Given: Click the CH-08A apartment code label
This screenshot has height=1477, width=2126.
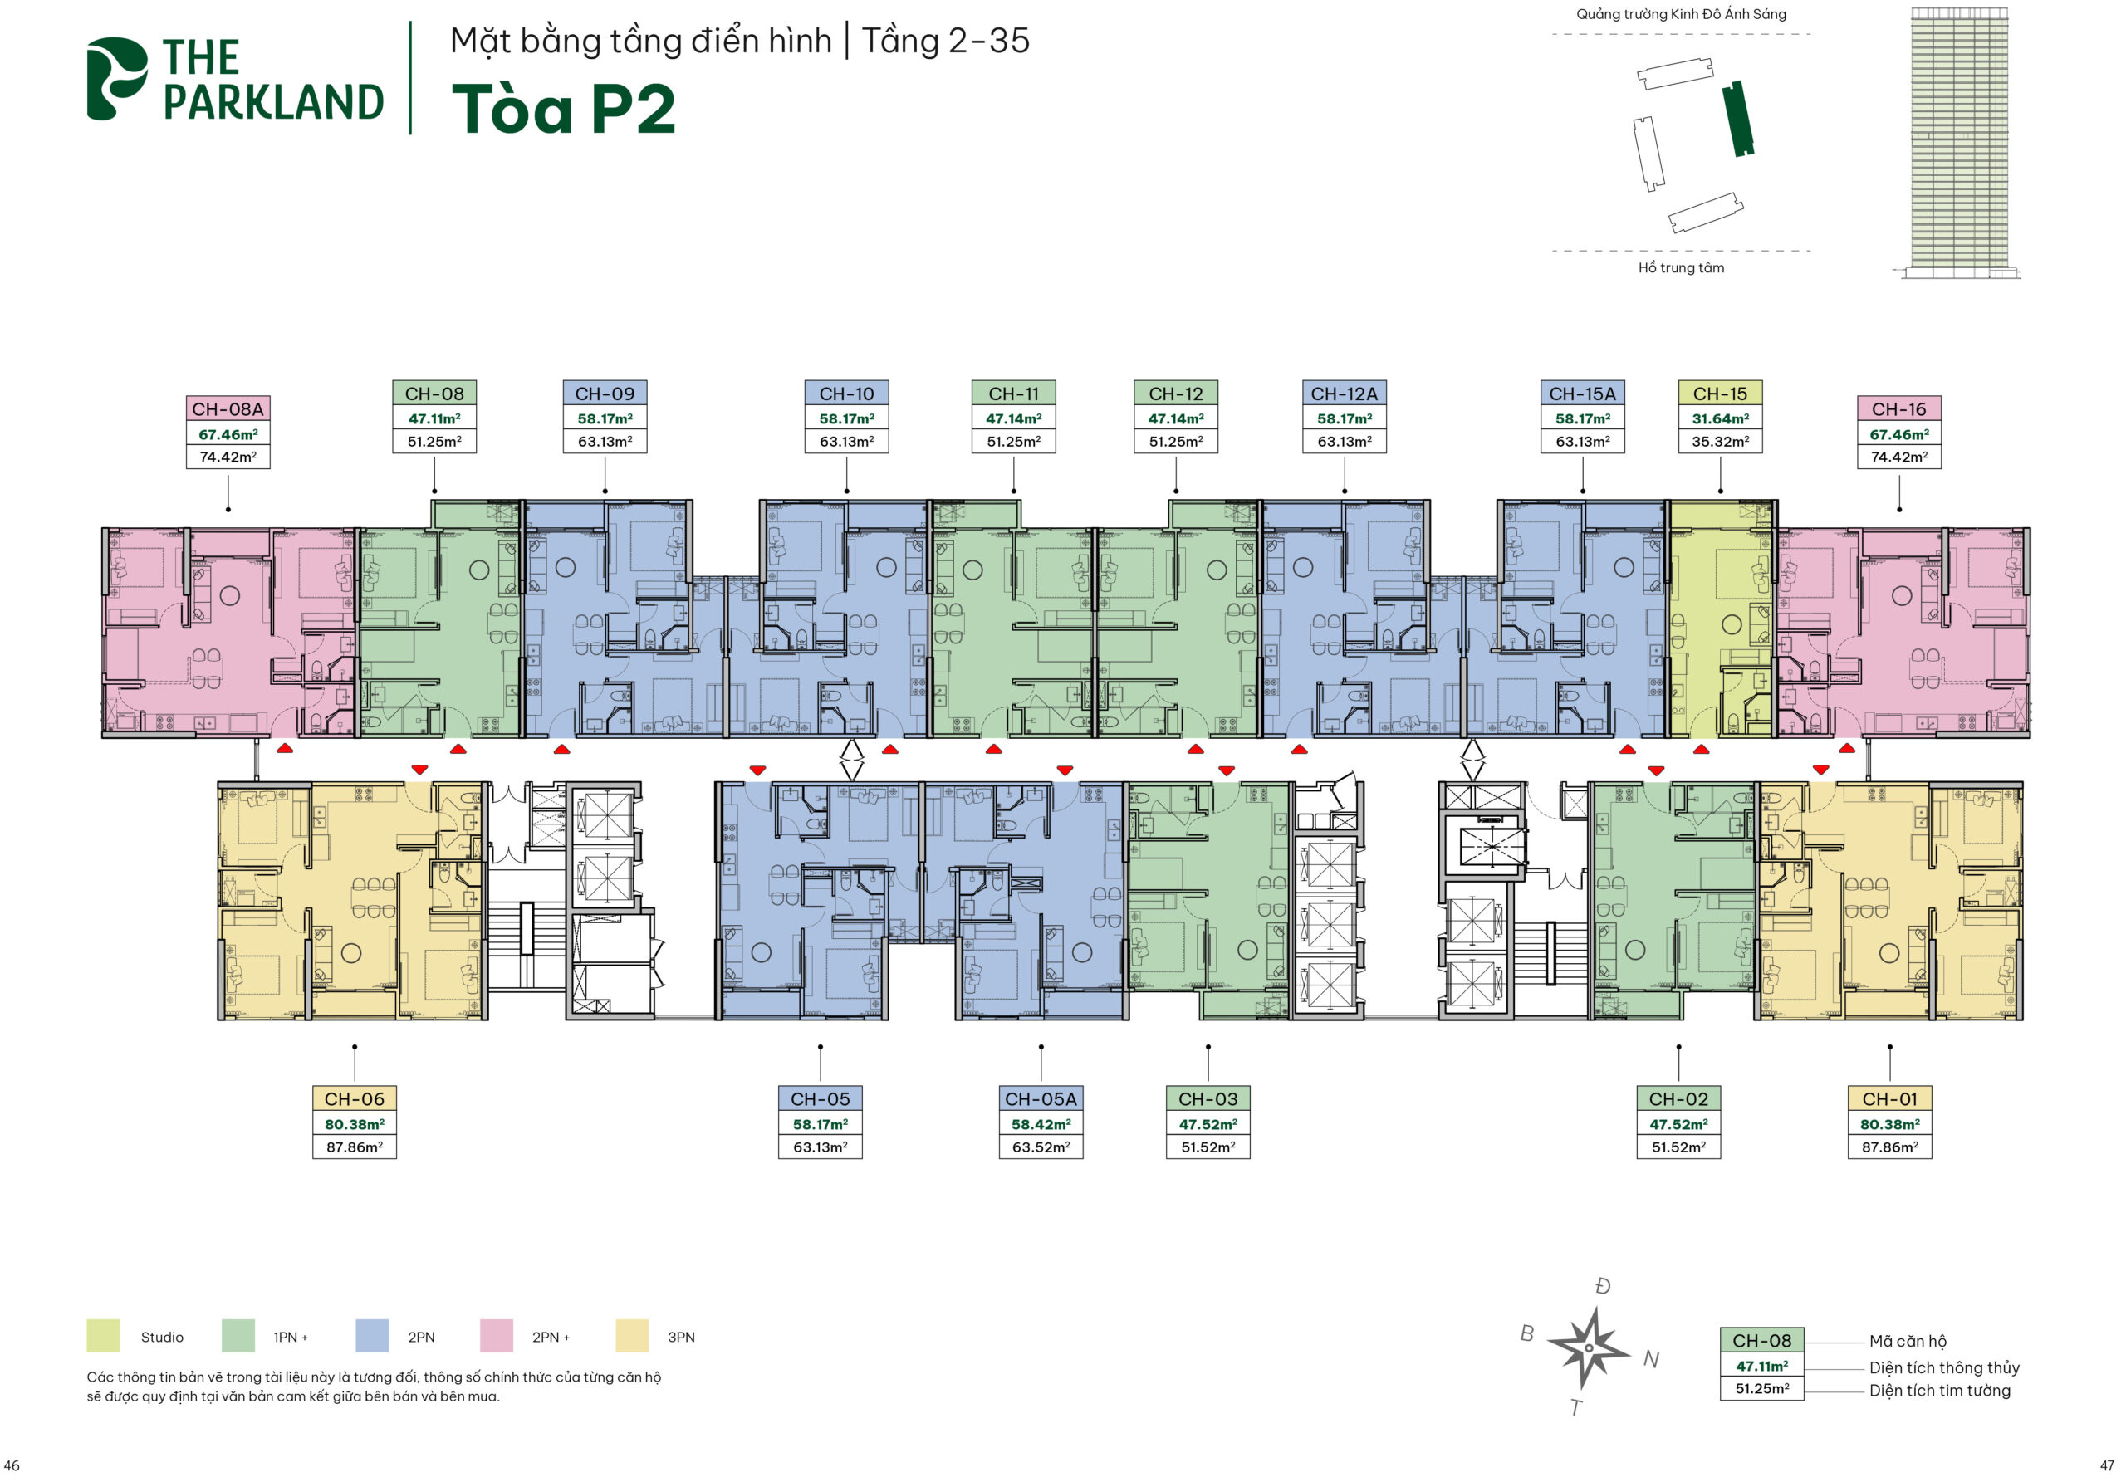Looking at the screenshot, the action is (x=228, y=409).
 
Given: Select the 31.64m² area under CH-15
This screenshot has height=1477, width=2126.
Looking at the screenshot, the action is (x=1720, y=418).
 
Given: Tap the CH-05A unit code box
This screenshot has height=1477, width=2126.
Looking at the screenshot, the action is (x=1041, y=1098).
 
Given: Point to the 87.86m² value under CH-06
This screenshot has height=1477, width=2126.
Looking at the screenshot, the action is (x=354, y=1147).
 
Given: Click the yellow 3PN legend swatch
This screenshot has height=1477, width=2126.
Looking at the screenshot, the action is (x=631, y=1335).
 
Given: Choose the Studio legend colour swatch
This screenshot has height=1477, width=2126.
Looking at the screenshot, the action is (x=103, y=1335).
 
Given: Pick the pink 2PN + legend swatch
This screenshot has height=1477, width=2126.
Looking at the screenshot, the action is (x=496, y=1335).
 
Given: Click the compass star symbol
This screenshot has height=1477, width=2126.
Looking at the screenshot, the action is (x=1587, y=1347).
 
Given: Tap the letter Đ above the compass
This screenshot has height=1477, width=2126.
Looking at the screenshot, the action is (x=1602, y=1285).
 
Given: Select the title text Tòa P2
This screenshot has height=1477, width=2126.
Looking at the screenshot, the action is (x=563, y=110).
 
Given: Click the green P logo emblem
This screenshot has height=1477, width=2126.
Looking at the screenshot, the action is (x=116, y=79).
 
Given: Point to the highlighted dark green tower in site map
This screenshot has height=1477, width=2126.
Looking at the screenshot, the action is (x=1737, y=119).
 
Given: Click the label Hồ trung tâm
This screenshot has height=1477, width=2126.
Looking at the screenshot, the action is (x=1681, y=267).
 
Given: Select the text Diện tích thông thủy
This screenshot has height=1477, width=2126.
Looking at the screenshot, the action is (x=1943, y=1367).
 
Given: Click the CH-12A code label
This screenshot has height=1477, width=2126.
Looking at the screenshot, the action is (x=1344, y=394).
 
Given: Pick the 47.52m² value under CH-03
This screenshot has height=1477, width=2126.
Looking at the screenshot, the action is (x=1207, y=1123).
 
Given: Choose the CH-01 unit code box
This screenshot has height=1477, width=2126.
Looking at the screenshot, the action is (x=1889, y=1098).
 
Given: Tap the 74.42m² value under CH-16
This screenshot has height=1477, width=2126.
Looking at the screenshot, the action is (x=1898, y=457).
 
